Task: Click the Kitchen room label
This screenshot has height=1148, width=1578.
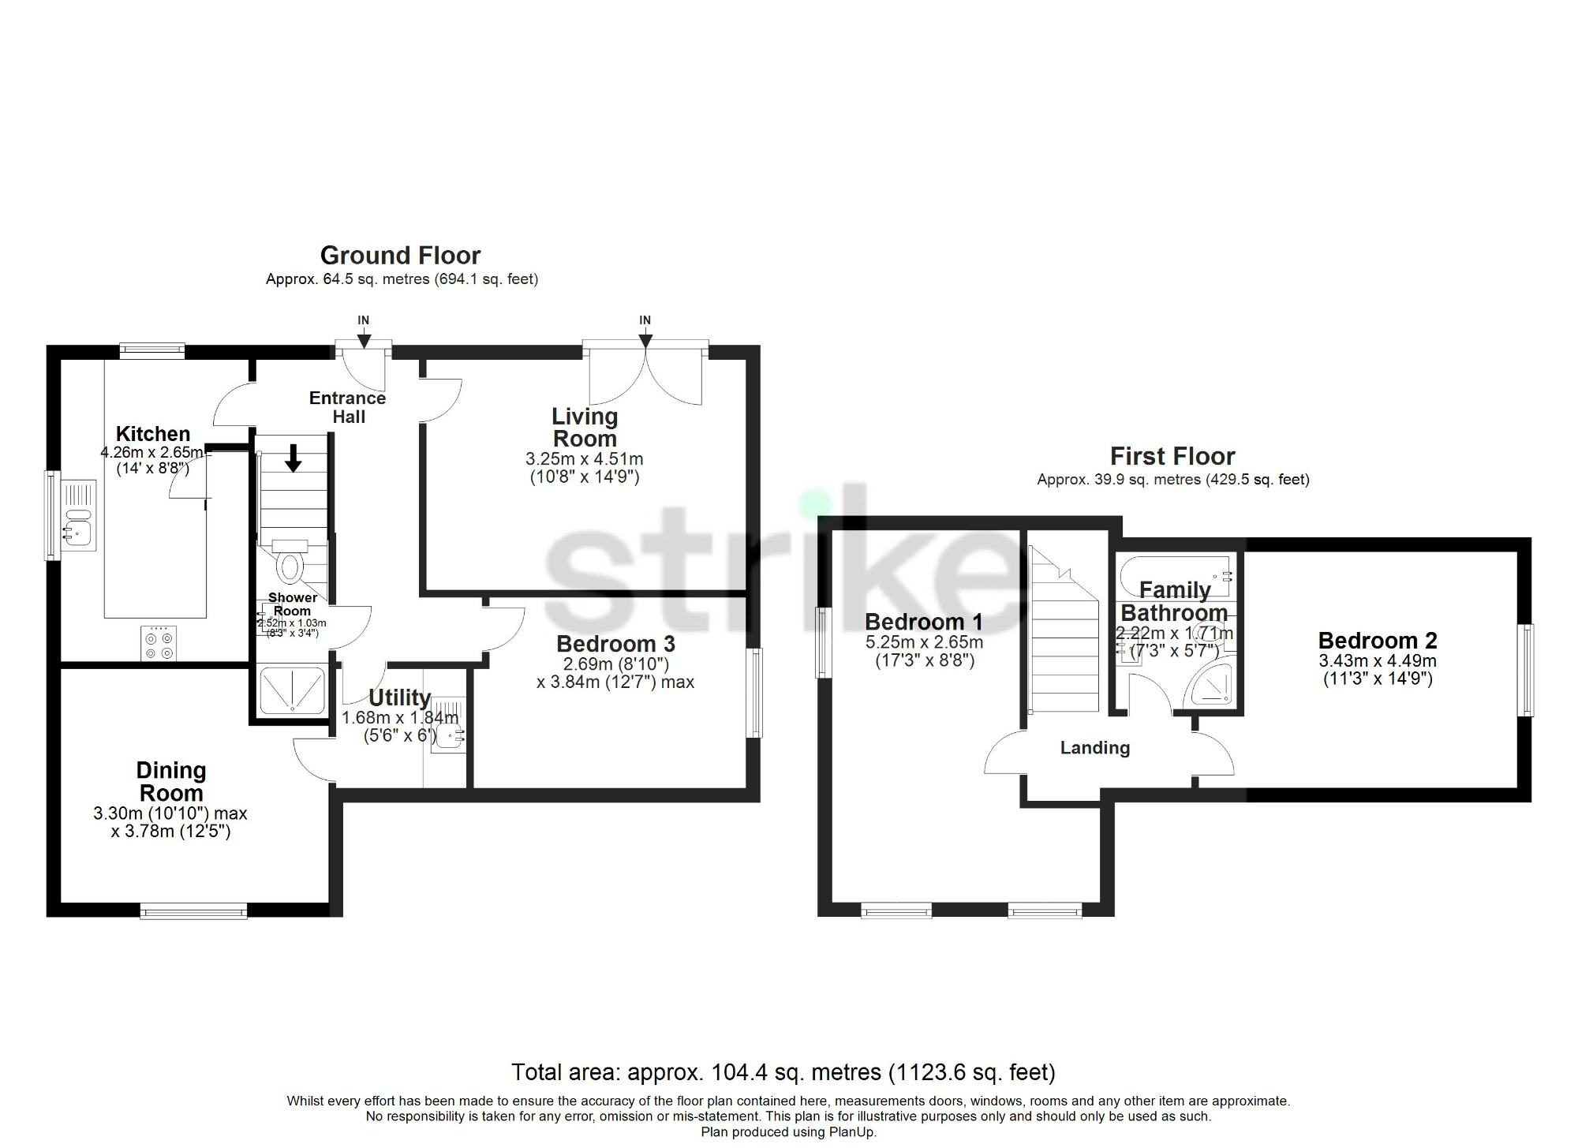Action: click(153, 434)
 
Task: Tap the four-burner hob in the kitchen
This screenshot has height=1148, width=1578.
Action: click(159, 643)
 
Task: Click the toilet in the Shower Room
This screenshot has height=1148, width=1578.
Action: click(290, 566)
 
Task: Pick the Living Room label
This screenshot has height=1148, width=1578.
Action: click(585, 428)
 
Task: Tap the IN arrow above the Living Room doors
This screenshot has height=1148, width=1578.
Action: click(645, 340)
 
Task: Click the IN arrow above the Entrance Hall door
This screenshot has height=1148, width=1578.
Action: click(364, 340)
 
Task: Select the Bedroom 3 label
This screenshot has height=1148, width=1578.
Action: click(615, 644)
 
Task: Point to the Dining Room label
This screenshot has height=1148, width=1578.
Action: click(170, 781)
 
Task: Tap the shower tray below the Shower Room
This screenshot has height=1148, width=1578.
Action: click(292, 691)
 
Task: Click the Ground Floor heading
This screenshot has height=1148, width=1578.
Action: click(400, 256)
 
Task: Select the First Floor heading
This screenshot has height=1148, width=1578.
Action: click(1172, 456)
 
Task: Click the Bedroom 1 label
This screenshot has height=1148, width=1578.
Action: click(924, 622)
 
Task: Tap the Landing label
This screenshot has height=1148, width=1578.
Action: click(1094, 748)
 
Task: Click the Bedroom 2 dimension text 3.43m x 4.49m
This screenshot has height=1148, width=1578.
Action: click(1378, 661)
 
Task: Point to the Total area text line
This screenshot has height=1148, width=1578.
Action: click(783, 1072)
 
